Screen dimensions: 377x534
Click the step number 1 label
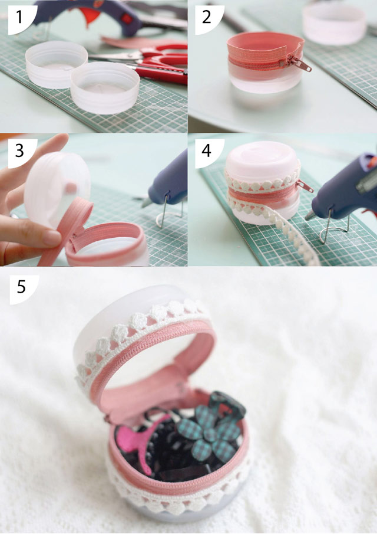(x=19, y=17)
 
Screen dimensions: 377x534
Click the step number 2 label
(x=206, y=17)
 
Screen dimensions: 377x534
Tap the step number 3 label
(x=19, y=150)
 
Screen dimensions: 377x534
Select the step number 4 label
(x=206, y=150)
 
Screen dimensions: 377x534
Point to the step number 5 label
(x=21, y=287)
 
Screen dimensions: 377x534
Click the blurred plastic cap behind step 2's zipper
(x=335, y=23)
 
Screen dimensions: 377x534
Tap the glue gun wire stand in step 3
(x=168, y=214)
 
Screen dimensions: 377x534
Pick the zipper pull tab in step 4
(x=305, y=186)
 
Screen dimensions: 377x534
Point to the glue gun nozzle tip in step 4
(x=307, y=217)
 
